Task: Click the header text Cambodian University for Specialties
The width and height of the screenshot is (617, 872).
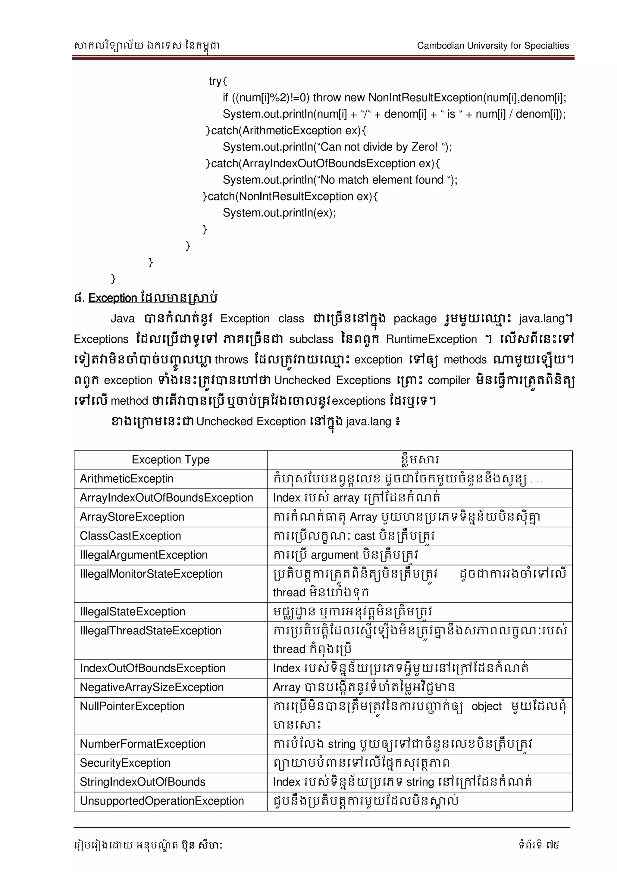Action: [493, 45]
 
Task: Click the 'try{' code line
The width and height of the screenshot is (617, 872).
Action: [218, 81]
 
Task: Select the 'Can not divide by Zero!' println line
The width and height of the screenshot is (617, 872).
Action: [337, 147]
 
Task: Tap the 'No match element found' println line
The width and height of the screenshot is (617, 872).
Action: [340, 180]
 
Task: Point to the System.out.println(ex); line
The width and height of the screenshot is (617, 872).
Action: [279, 213]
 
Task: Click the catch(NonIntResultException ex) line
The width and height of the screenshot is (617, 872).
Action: [290, 196]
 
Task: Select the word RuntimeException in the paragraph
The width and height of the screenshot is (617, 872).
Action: [431, 339]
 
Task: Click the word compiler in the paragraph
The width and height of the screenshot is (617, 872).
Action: [449, 380]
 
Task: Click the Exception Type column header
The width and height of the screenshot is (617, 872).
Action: [171, 460]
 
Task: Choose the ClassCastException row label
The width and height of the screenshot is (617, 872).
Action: [130, 536]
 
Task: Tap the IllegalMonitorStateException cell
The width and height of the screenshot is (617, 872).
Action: [151, 574]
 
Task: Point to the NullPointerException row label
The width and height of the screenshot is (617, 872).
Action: [132, 706]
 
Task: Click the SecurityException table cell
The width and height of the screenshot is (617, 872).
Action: [125, 763]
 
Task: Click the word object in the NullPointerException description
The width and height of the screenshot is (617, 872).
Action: [486, 706]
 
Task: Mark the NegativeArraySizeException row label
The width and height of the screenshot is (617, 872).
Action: [152, 687]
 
